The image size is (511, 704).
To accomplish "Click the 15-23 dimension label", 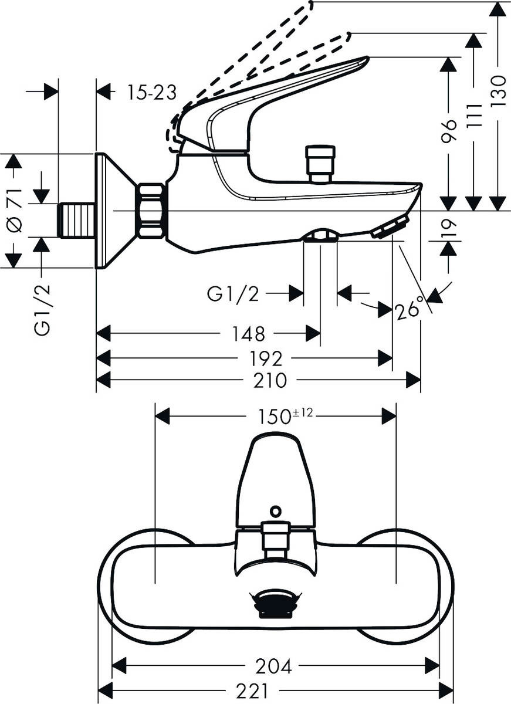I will tap(152, 92).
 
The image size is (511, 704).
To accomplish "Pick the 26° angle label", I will tap(410, 307).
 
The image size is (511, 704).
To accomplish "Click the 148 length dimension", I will tap(248, 334).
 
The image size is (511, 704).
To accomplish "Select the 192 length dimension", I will tap(266, 358).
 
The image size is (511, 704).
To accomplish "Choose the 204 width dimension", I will tap(273, 666).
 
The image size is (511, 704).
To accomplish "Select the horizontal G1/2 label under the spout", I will tap(232, 293).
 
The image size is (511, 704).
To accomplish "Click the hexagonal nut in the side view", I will tap(151, 211).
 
